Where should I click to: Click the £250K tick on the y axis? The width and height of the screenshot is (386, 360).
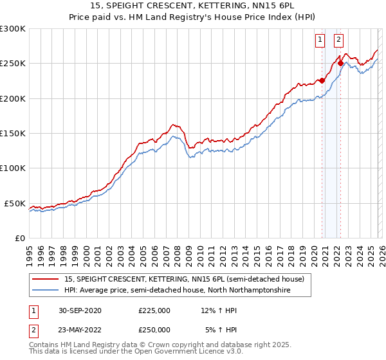[12, 64]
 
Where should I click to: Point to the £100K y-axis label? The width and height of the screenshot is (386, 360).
[12, 168]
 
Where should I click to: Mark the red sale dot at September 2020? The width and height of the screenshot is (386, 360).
[322, 81]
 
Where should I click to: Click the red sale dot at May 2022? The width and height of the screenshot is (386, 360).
[340, 64]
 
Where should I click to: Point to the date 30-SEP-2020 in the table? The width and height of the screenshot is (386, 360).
[79, 310]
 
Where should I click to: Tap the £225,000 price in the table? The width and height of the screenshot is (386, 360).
[154, 310]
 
